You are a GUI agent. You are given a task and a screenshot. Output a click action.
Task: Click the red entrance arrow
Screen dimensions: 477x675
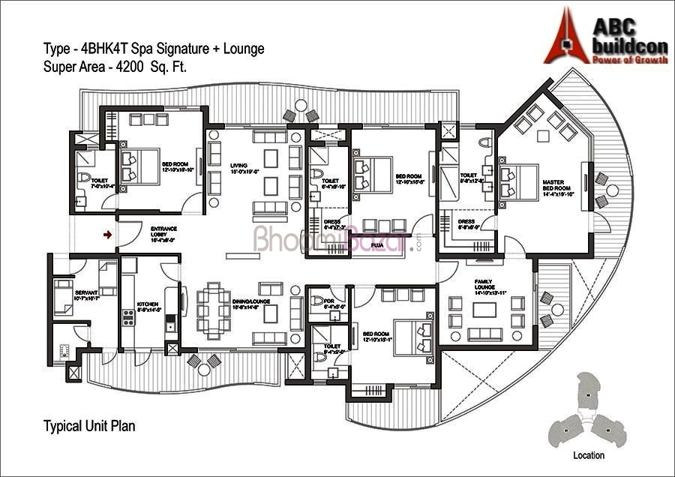(x=108, y=235)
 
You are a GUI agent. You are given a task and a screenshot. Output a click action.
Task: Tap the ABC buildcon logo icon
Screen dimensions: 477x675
(x=566, y=35)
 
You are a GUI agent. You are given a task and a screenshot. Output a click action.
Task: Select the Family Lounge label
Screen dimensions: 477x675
(x=484, y=286)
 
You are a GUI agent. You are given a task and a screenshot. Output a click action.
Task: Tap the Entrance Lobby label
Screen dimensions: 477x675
(x=163, y=234)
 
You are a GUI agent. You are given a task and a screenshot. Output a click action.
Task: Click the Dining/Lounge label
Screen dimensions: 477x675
(x=271, y=304)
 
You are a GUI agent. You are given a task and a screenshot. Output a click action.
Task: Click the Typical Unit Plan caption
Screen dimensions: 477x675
(x=89, y=426)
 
